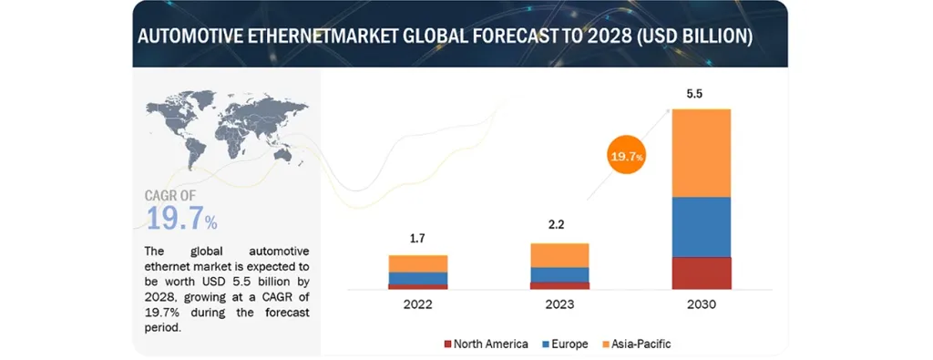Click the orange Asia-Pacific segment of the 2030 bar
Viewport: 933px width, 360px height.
[702, 152]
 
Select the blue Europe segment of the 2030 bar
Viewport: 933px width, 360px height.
[702, 227]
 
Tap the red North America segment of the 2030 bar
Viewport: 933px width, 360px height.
[702, 273]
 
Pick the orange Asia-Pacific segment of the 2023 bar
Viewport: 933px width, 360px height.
[559, 255]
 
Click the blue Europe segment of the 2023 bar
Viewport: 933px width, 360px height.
[559, 274]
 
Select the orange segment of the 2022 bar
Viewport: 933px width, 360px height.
[417, 263]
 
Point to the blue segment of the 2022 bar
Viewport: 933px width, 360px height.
[417, 278]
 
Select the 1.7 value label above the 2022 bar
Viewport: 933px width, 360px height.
[417, 240]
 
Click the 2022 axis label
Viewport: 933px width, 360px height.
[417, 304]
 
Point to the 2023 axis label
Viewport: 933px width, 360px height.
[559, 304]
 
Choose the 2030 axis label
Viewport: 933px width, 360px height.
[702, 304]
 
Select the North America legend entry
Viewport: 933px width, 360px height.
[486, 344]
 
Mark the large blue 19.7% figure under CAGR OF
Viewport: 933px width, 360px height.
[181, 220]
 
